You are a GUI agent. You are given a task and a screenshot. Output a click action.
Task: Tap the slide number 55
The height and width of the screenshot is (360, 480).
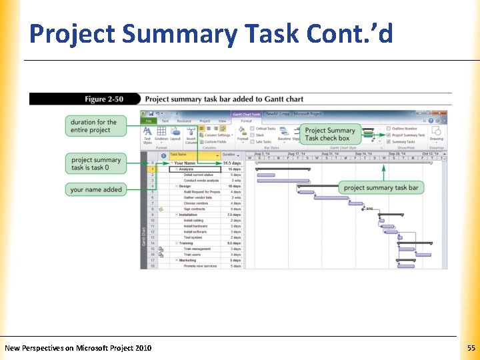(471, 348)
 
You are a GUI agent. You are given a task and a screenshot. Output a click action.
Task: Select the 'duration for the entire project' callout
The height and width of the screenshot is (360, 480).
(93, 125)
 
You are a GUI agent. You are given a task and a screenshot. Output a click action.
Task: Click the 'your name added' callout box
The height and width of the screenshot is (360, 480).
(96, 189)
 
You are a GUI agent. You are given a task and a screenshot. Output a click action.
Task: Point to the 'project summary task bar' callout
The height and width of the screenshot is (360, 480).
(381, 188)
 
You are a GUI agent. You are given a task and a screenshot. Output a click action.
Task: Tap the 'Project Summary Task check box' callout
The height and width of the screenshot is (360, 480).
(330, 134)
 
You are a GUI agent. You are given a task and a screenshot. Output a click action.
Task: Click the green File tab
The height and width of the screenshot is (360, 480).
(149, 121)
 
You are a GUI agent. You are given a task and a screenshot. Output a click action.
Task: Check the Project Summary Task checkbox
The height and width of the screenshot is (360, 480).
(389, 135)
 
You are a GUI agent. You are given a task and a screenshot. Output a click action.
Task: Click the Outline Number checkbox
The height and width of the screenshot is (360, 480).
(389, 129)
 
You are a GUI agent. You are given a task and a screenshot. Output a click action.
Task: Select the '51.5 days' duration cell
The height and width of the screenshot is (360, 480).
(231, 163)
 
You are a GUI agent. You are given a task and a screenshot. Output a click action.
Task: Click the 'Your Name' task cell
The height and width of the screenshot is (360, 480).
(185, 163)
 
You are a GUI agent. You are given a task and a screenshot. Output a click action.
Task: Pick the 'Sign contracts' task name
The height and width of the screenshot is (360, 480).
(195, 209)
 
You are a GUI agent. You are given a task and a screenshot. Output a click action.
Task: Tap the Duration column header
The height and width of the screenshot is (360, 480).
(229, 155)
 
